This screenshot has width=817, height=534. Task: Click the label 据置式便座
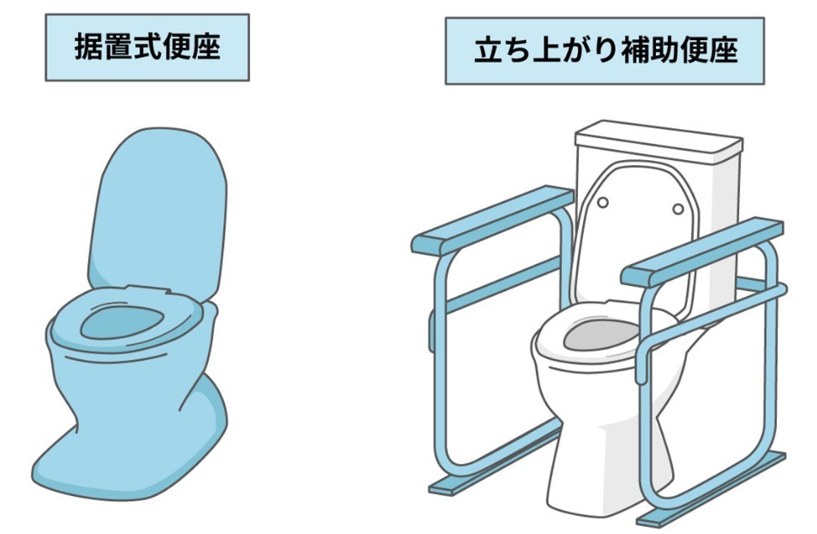[x=147, y=47]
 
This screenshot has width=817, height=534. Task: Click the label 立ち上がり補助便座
[x=605, y=51]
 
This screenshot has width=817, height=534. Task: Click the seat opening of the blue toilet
[x=122, y=322]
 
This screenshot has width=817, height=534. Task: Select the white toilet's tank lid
[x=659, y=139]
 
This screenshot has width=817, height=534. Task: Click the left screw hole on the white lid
[x=603, y=202]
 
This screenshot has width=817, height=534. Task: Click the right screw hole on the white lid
[x=678, y=209]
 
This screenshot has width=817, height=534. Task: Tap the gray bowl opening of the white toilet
[x=601, y=335]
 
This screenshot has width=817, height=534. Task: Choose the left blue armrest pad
[x=492, y=220]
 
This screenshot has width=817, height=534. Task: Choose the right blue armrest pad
[x=703, y=252]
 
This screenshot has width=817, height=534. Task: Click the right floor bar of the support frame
[x=711, y=489]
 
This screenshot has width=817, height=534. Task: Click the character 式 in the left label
[x=147, y=47]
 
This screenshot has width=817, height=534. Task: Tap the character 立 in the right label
[x=488, y=51]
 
